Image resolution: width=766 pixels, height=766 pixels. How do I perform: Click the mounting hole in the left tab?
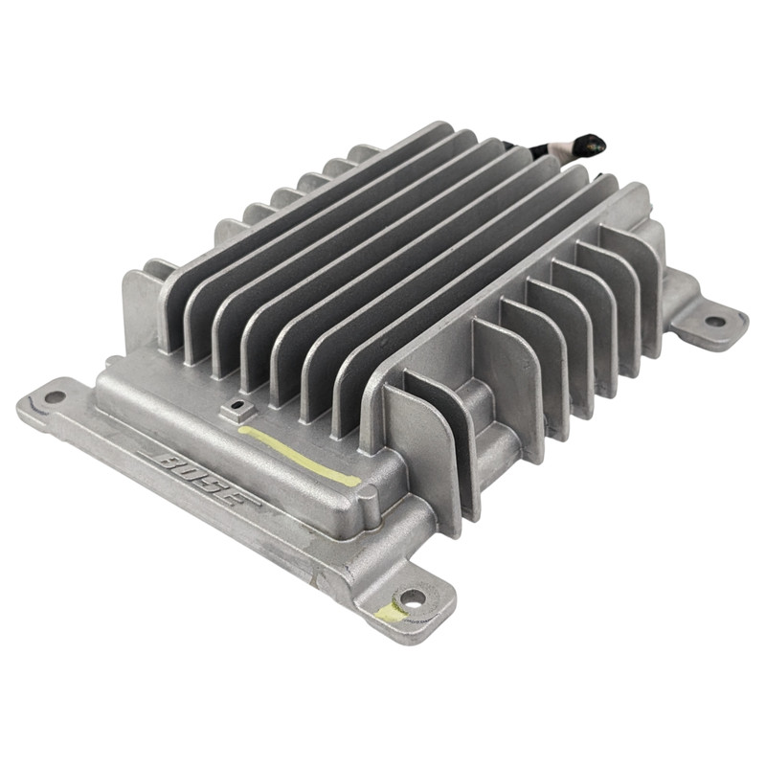point(55,396)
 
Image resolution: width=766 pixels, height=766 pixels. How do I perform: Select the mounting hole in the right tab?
point(715,322)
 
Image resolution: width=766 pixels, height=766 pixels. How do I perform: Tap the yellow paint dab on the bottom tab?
point(390,612)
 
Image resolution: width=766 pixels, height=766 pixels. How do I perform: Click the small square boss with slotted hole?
point(237,409)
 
